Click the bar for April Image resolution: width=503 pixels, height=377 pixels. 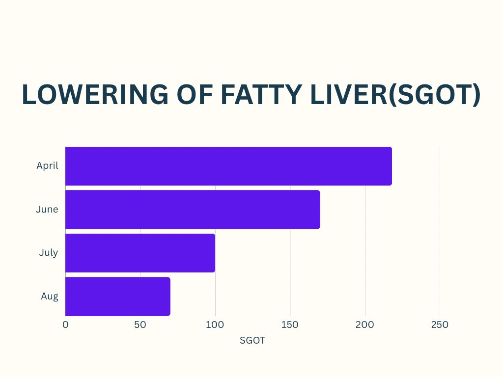point(228,166)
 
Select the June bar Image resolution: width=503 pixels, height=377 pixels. point(193,210)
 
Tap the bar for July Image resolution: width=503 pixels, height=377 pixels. point(140,253)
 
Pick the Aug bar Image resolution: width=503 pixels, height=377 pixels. point(117,296)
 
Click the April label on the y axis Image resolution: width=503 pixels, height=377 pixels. point(47,166)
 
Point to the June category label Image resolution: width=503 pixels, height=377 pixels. point(47,210)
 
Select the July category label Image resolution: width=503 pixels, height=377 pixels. point(49,253)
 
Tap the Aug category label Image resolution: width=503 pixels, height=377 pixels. point(50,296)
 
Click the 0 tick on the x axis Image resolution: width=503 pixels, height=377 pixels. point(65,324)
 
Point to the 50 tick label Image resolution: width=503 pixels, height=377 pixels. point(140,324)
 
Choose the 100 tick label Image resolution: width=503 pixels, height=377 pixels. point(215,324)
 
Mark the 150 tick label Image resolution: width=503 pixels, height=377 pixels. point(290,324)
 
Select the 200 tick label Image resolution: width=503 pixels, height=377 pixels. point(365,324)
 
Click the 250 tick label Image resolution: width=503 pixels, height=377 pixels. point(440,324)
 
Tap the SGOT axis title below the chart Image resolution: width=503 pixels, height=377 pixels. point(252,340)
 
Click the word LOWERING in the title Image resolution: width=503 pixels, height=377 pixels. point(87,95)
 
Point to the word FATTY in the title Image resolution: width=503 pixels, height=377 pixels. point(255,95)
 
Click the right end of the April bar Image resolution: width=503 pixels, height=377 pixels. point(390,166)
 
